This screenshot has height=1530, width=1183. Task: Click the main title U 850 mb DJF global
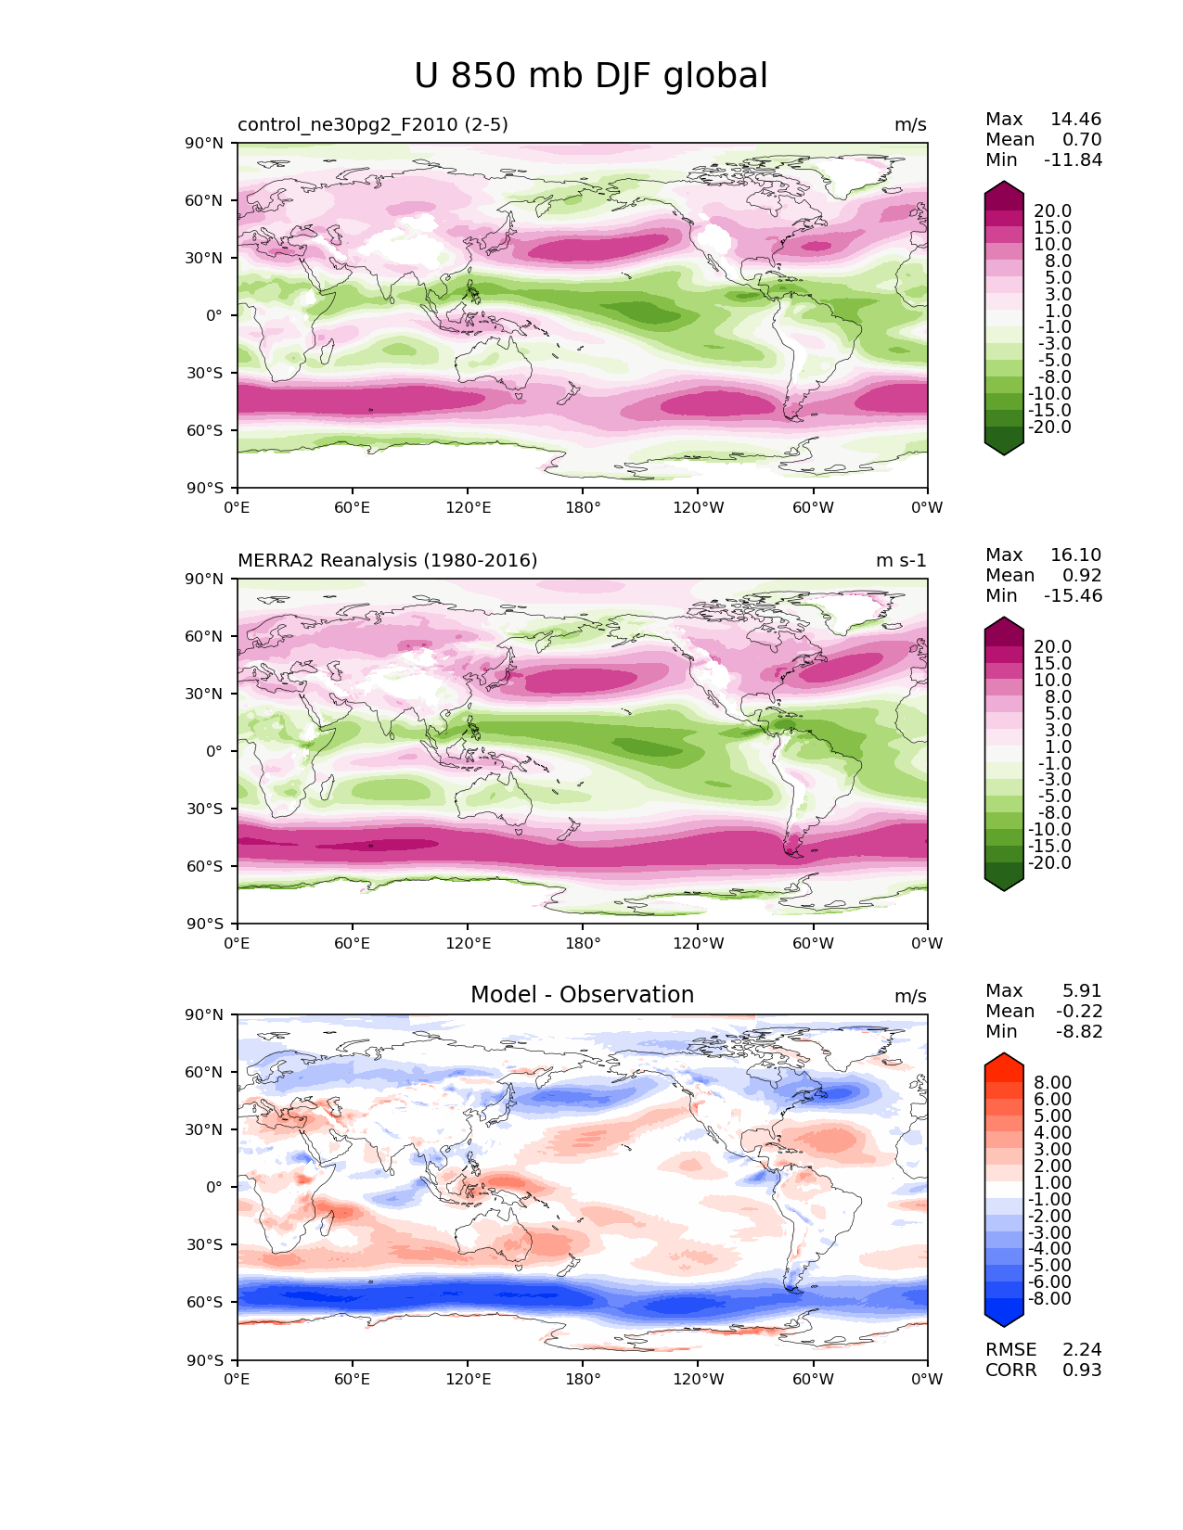(x=591, y=76)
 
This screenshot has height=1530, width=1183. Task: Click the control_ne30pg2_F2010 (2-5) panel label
(x=373, y=125)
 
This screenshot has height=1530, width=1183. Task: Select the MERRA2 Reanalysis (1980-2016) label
(x=388, y=561)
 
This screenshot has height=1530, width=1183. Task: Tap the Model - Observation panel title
(x=582, y=995)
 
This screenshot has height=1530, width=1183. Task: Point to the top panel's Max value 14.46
(x=1075, y=120)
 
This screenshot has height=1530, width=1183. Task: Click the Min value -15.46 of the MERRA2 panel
(x=1074, y=596)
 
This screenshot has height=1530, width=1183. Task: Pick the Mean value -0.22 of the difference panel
(x=1078, y=1012)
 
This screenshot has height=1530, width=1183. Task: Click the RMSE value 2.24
(x=1082, y=1350)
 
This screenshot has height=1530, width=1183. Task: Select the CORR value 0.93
(x=1082, y=1371)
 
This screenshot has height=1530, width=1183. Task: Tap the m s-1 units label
(x=901, y=561)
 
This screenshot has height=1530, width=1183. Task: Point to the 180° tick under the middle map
(x=583, y=944)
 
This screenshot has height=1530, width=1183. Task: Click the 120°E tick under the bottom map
(x=468, y=1380)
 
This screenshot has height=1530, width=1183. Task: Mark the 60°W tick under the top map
(x=813, y=508)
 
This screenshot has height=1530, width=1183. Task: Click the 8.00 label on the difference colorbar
(x=1052, y=1083)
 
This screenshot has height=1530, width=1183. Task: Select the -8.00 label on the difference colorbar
(x=1050, y=1299)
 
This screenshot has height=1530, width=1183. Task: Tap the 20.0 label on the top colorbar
(x=1053, y=211)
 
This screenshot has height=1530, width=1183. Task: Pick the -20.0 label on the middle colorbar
(x=1050, y=863)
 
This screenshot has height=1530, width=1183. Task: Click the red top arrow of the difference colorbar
(x=1004, y=1063)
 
